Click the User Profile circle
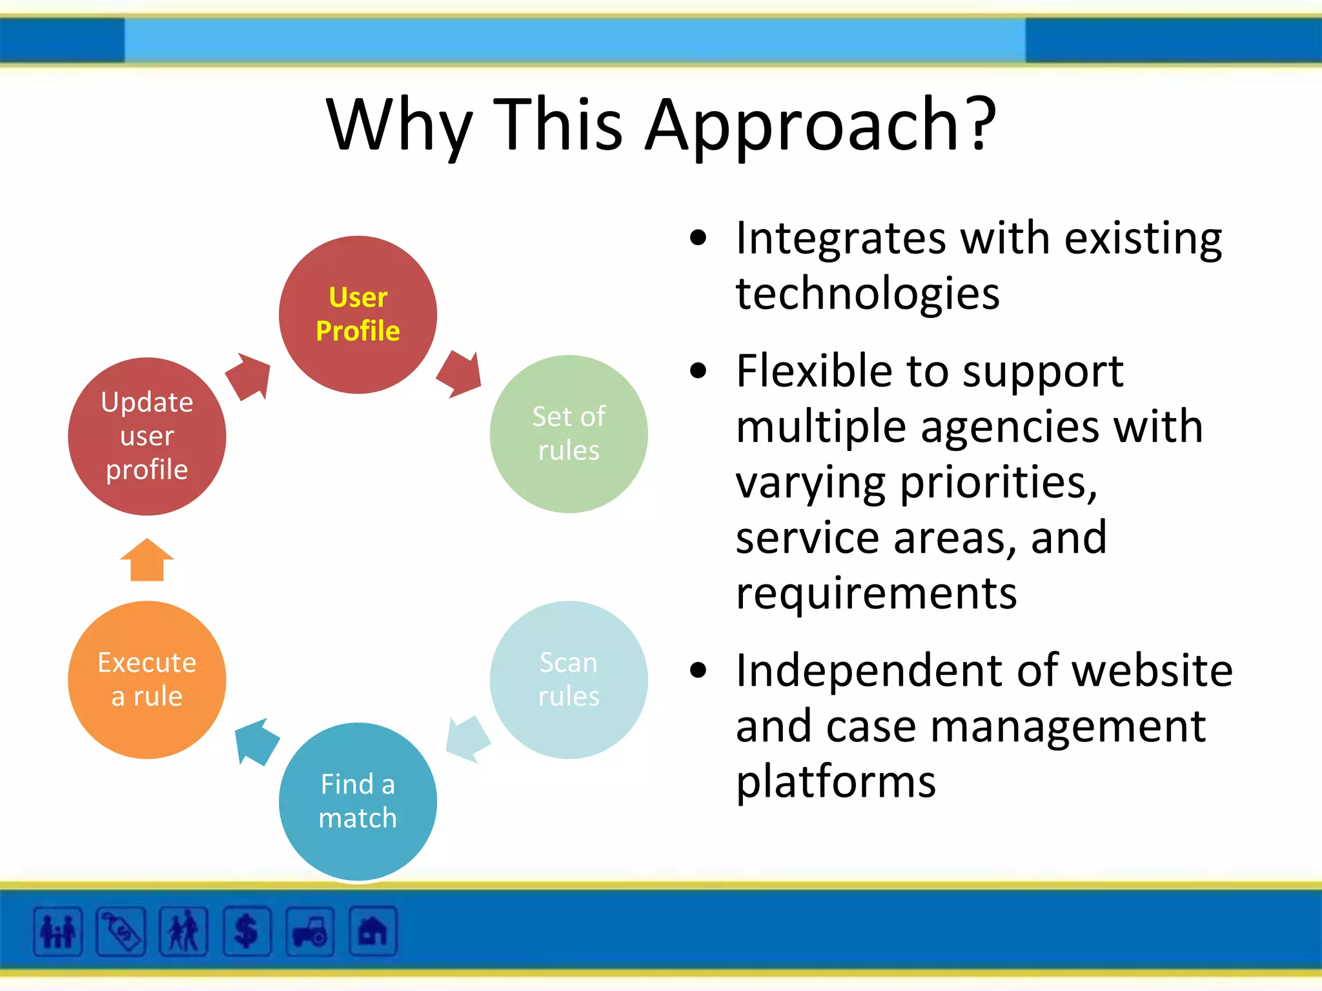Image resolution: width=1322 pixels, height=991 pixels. (x=358, y=314)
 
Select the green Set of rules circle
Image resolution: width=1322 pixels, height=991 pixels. (x=568, y=434)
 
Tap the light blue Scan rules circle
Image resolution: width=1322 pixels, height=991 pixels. (x=568, y=679)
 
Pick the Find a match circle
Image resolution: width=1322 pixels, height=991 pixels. (x=358, y=801)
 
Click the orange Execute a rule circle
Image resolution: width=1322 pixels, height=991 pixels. (x=147, y=679)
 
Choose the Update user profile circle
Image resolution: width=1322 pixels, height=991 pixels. (x=147, y=436)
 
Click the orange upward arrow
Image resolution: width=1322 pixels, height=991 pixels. (x=147, y=560)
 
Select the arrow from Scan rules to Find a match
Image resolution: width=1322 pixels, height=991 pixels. (x=467, y=739)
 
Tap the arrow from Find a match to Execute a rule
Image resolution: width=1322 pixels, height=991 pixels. (x=256, y=741)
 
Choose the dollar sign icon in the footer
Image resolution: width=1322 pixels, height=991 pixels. (x=247, y=931)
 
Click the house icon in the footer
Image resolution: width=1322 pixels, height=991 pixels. (x=372, y=931)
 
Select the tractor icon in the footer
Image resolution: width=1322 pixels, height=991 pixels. (x=310, y=931)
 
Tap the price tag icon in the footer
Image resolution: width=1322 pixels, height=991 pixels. (x=121, y=931)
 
